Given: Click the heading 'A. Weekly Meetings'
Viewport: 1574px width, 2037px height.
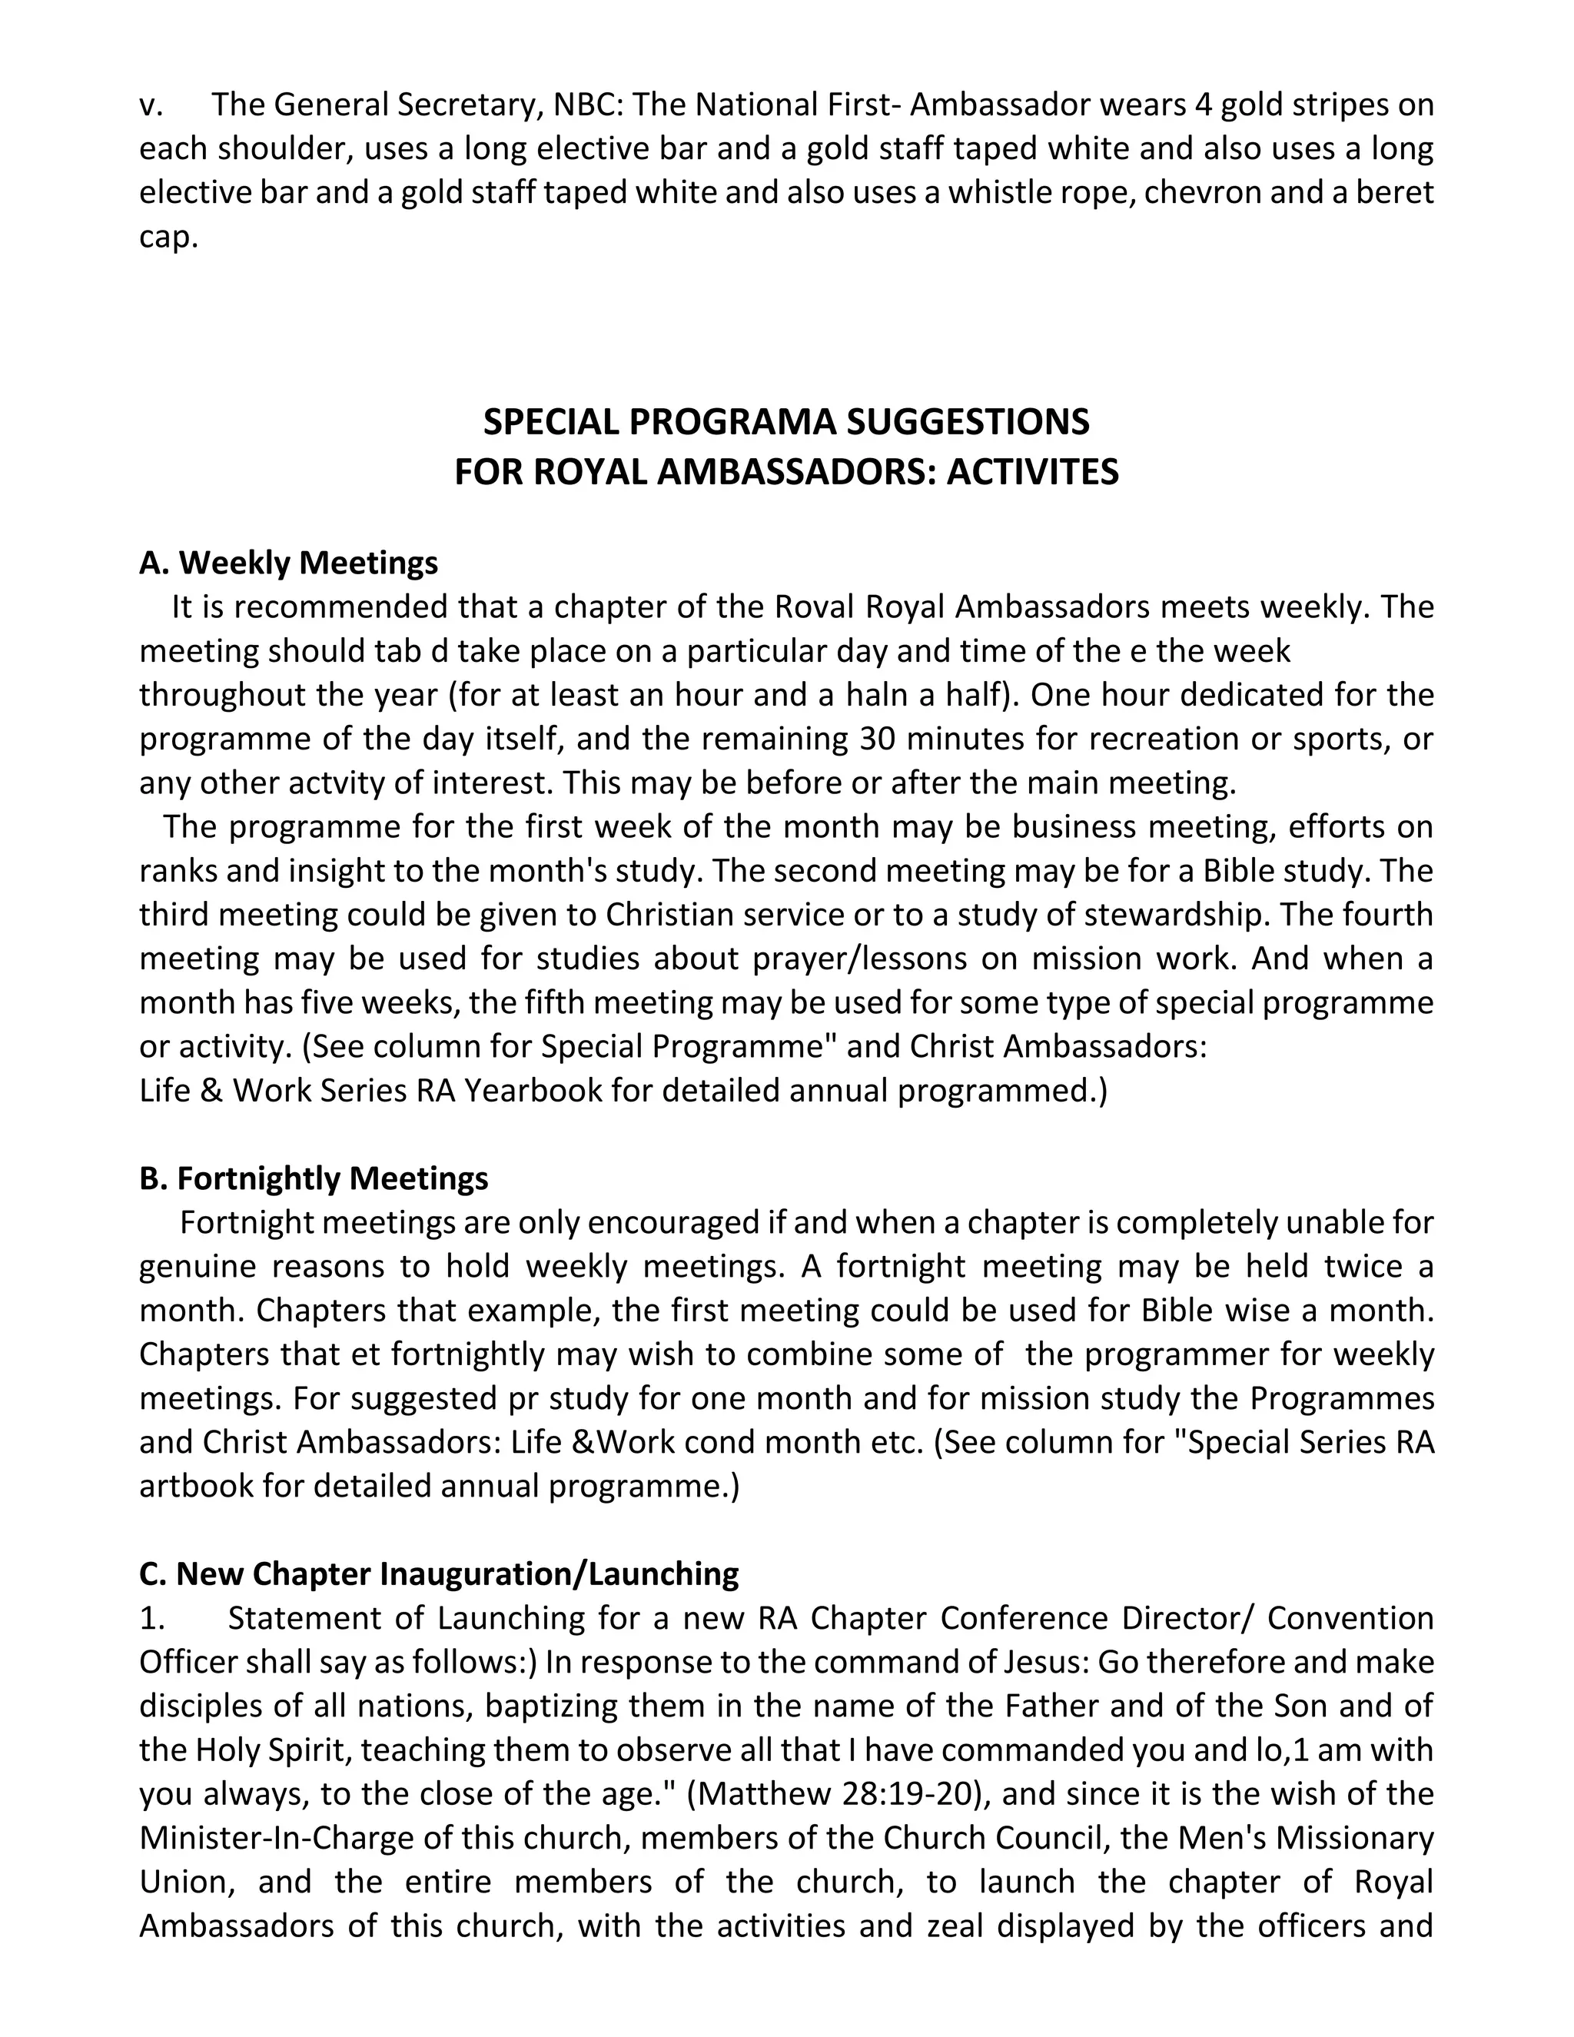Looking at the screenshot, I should [x=288, y=563].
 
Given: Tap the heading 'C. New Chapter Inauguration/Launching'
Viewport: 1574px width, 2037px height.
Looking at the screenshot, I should [x=438, y=1574].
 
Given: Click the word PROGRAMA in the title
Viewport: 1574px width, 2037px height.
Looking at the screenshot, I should [x=734, y=423].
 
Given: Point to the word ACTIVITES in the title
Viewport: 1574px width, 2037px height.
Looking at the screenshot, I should [x=1032, y=472].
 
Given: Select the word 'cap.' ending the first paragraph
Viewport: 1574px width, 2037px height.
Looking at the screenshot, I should [x=169, y=237].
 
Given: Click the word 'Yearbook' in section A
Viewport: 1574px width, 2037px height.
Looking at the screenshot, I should [x=533, y=1090].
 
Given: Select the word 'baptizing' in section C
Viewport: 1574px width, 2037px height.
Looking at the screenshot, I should [x=552, y=1706].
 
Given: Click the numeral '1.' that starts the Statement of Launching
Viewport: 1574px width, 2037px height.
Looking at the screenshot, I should [x=152, y=1618].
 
